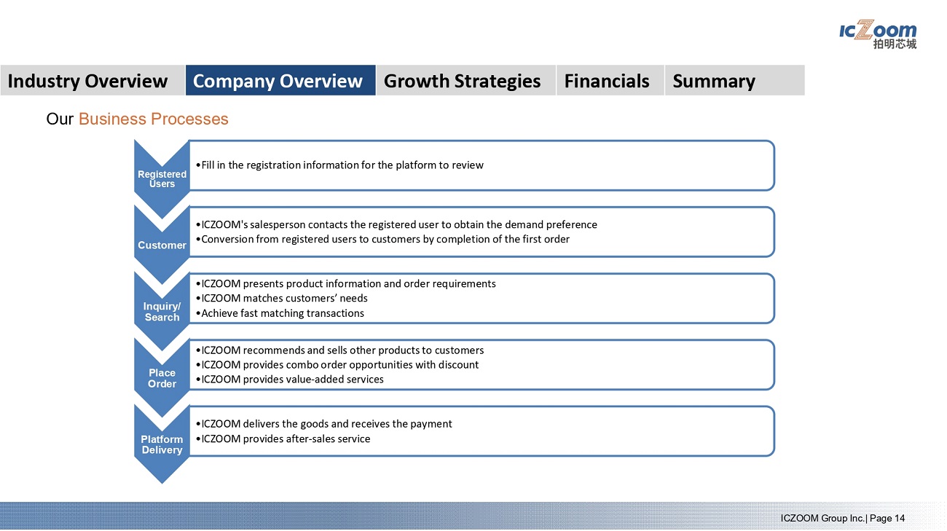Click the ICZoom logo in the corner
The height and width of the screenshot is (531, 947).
point(878,34)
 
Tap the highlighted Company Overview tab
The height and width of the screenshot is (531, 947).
point(280,80)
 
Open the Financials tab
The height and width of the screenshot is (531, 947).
point(610,80)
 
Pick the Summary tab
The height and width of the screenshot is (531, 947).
point(735,80)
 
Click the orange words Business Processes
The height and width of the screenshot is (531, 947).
point(154,119)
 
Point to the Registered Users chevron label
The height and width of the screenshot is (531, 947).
point(162,179)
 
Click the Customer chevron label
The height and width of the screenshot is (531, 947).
point(162,245)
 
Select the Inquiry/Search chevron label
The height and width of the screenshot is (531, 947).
point(162,312)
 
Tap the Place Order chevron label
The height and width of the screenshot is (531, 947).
point(162,378)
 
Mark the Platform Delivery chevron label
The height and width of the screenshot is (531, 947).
point(162,444)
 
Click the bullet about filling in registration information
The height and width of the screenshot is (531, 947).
point(339,165)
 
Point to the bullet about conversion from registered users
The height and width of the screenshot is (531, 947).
point(382,240)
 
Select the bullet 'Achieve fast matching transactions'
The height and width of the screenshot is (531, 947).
point(280,313)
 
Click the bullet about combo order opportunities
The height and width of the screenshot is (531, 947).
point(337,365)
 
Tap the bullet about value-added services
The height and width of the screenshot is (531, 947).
point(290,379)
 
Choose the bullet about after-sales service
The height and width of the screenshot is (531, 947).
point(283,438)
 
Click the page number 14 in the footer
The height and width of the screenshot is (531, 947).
point(900,519)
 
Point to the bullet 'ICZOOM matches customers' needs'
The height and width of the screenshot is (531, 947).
point(282,299)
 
